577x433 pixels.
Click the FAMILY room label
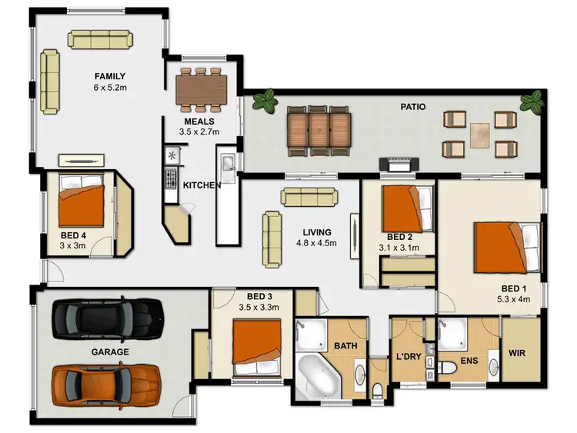109,76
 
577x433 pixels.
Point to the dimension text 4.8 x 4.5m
317,244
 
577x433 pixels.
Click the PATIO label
412,107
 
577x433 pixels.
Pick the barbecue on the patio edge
401,165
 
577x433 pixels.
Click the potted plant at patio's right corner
531,101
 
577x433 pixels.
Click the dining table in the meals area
202,88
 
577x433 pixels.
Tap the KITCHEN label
202,185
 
